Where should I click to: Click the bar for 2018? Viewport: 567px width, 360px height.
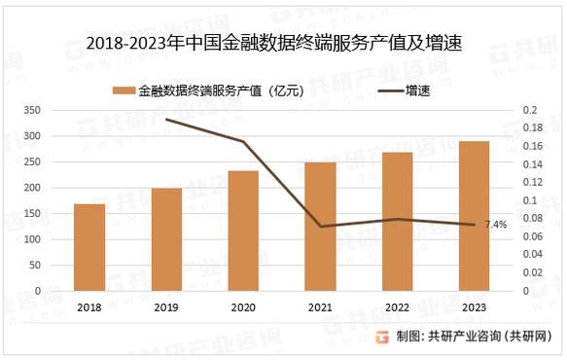(89, 247)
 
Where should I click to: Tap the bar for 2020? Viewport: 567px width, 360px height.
(243, 231)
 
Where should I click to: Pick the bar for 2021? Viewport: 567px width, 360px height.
(320, 226)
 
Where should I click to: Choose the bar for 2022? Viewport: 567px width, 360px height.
(397, 221)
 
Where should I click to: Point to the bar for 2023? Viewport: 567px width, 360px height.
(474, 216)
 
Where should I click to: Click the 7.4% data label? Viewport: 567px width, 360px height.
(496, 225)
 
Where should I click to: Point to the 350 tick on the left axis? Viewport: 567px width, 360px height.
(59, 110)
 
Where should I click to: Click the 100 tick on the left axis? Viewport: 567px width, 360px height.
(59, 239)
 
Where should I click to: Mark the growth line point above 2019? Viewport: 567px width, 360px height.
(166, 120)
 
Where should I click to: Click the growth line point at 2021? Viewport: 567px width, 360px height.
(320, 227)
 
